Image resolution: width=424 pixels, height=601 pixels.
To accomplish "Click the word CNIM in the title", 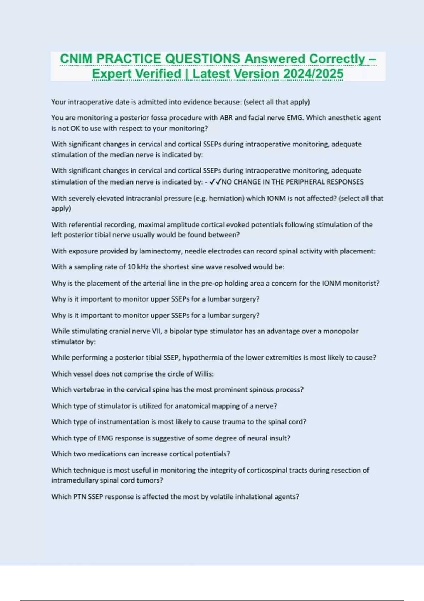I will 76,59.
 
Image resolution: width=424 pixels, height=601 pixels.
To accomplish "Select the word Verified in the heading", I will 158,74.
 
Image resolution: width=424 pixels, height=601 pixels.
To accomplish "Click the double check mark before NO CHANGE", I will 215,182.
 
